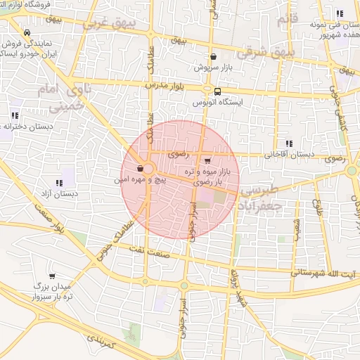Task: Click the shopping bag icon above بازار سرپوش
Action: coord(213,56)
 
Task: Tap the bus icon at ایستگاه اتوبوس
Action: coord(217,91)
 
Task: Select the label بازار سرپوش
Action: coord(213,68)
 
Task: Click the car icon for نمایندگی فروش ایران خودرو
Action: coord(27,32)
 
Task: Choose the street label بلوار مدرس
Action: coord(163,84)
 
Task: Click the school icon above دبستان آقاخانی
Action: coord(289,143)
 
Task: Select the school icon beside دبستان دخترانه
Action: coord(15,115)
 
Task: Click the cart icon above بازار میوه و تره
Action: coord(206,160)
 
